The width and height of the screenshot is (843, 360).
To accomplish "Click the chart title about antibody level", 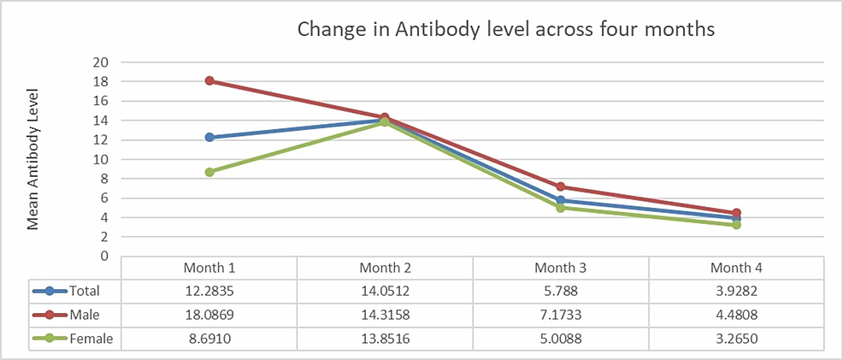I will point(505,29).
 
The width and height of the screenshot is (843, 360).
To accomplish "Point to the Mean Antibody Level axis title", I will point(34,161).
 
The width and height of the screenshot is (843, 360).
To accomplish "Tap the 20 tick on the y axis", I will point(101,62).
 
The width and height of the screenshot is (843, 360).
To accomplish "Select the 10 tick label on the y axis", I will point(101,159).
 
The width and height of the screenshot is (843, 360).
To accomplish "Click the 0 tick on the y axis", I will point(104,256).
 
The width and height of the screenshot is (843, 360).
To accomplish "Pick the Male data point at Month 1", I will point(209,81).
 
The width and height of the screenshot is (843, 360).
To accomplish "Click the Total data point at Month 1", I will point(209,137).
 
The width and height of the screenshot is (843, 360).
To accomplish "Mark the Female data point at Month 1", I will point(209,172).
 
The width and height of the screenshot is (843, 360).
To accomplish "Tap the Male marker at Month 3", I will point(561,186).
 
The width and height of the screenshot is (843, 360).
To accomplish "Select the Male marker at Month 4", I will point(736,213).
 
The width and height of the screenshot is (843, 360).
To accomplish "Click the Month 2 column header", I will point(385,268).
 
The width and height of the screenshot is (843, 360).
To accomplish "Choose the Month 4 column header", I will point(736,268).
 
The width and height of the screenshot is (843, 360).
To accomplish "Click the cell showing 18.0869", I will point(209,315).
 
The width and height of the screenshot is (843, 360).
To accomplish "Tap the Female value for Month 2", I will point(385,339).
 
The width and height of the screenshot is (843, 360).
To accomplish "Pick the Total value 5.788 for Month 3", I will point(561,291).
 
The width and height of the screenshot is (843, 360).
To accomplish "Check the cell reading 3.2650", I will point(736,339).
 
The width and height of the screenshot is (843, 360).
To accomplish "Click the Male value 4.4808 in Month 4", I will point(736,315).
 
